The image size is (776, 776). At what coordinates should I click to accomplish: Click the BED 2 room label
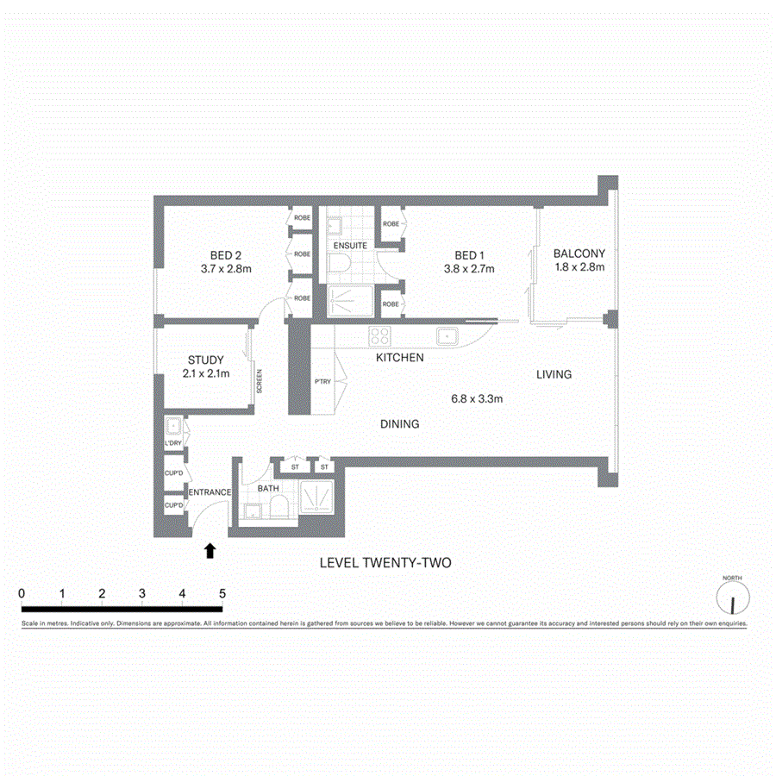(226, 254)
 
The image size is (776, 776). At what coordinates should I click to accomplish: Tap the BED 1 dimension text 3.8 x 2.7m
(468, 269)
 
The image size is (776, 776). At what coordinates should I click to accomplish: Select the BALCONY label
(579, 254)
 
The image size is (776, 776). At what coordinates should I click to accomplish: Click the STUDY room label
(205, 360)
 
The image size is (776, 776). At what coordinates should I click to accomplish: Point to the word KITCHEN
(398, 357)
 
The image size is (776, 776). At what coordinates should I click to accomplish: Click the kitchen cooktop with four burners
(380, 335)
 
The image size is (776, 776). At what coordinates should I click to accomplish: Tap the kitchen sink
(447, 335)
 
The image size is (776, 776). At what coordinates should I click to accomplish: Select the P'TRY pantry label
(322, 380)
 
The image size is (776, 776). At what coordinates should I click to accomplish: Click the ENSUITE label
(350, 246)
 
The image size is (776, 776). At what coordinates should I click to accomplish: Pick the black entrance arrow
(210, 551)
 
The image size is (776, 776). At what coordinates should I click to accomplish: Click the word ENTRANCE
(210, 492)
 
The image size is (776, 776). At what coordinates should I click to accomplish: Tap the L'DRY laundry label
(173, 443)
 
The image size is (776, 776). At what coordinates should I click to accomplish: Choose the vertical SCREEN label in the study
(258, 381)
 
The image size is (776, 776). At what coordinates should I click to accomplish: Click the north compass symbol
(732, 597)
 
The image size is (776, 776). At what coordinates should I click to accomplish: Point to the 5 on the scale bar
(222, 594)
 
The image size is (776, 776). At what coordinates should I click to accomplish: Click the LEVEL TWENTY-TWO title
(385, 563)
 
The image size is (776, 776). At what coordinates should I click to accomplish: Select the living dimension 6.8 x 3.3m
(477, 398)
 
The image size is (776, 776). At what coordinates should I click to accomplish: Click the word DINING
(399, 424)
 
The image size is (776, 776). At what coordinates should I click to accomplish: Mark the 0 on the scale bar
(22, 594)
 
